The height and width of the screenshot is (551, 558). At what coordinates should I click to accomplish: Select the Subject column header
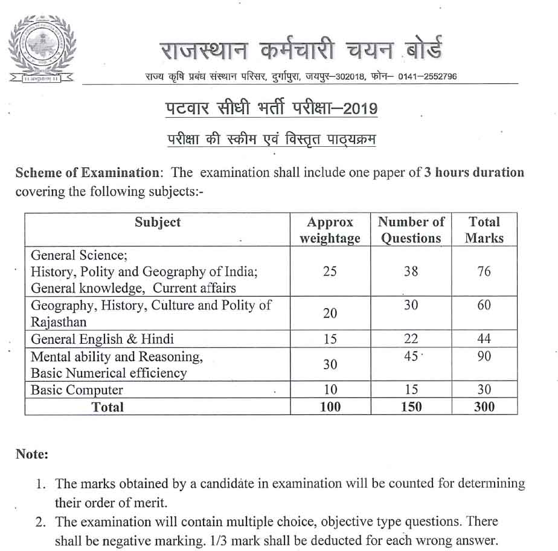tap(158, 222)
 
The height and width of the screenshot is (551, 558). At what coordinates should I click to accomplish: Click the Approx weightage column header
tap(330, 230)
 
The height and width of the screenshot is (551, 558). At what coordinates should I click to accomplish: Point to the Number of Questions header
tap(411, 230)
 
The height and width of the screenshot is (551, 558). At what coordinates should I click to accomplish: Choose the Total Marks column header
tap(484, 230)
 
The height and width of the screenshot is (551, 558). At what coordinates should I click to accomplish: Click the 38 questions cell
tap(411, 271)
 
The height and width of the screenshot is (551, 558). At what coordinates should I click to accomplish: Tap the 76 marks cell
tap(484, 271)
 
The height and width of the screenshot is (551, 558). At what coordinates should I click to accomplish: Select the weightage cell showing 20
tap(330, 314)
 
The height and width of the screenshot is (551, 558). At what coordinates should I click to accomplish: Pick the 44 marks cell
tap(484, 339)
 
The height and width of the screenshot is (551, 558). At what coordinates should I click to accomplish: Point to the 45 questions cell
tap(411, 357)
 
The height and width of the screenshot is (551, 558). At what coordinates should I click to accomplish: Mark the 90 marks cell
tap(484, 357)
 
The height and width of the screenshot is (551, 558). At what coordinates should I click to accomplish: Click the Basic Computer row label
tap(77, 390)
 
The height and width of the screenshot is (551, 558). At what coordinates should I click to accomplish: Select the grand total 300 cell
tap(484, 407)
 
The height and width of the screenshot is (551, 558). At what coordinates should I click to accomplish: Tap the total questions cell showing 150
tap(411, 407)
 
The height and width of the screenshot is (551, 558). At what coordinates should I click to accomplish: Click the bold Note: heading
tap(31, 454)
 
